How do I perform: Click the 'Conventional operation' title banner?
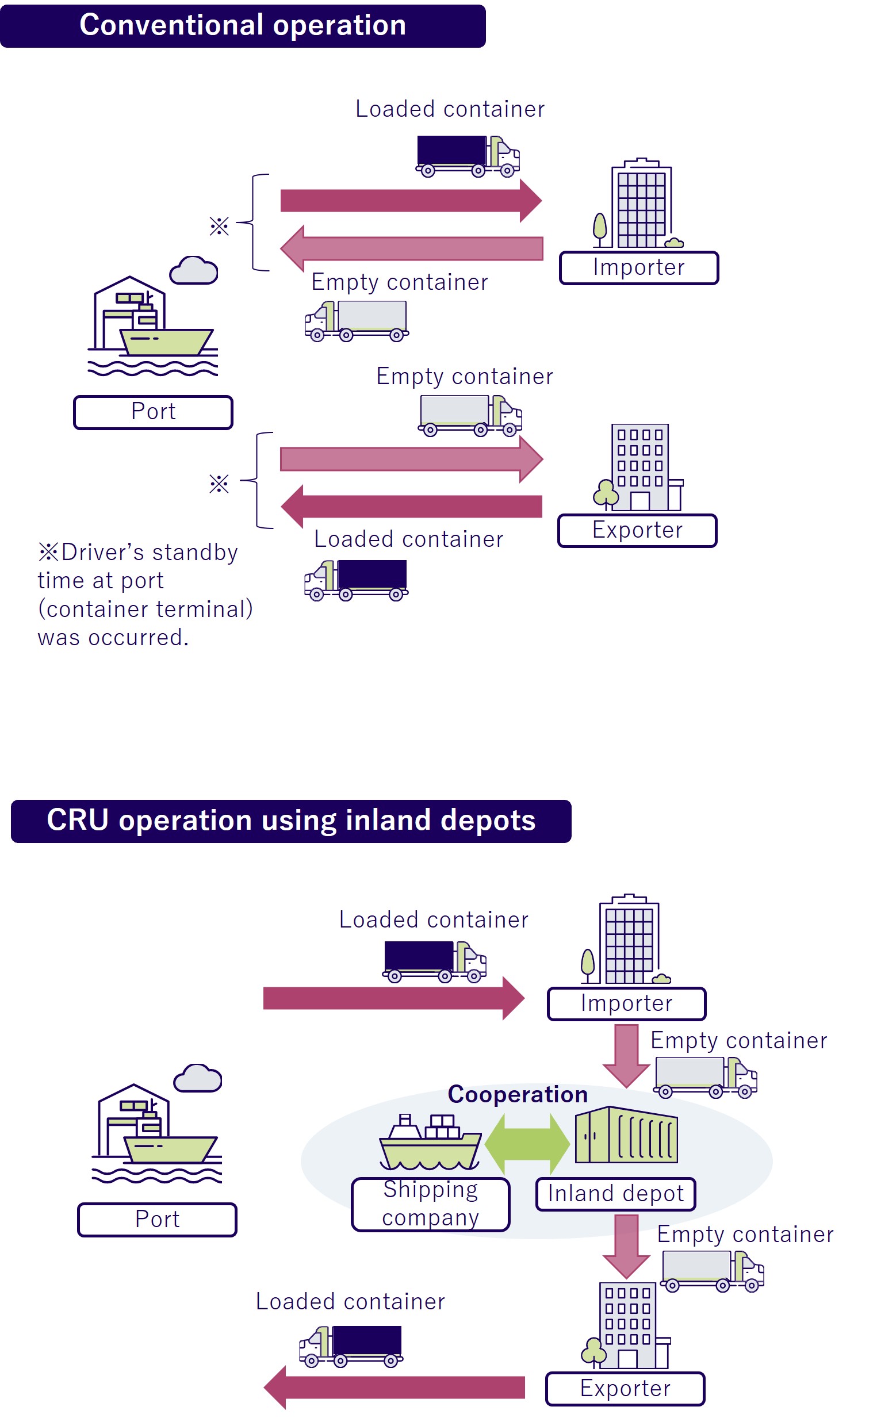(243, 25)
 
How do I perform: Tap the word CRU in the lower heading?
(77, 820)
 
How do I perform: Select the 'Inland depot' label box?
(615, 1194)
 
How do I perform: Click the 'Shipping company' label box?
(430, 1204)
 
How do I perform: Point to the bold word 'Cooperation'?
(518, 1094)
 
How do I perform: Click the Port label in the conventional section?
(153, 412)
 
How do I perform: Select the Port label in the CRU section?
(157, 1220)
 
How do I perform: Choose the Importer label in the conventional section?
(638, 268)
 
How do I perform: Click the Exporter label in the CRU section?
(625, 1389)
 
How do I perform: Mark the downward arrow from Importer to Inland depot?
(626, 1055)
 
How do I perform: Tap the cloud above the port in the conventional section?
(194, 270)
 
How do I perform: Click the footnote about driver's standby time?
(145, 595)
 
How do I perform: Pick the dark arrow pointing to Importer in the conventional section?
(411, 201)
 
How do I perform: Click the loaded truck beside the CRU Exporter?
(351, 1346)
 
